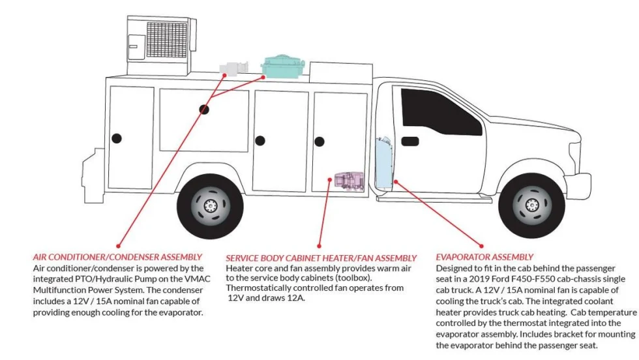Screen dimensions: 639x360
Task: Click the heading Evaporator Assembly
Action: click(484, 257)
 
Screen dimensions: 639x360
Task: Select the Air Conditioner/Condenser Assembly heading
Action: click(117, 257)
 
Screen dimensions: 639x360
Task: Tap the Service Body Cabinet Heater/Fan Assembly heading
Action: click(321, 258)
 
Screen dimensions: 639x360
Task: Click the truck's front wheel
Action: click(531, 205)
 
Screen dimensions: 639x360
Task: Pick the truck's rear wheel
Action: click(210, 206)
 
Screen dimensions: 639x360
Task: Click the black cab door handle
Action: click(410, 141)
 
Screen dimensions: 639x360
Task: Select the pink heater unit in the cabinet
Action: click(349, 181)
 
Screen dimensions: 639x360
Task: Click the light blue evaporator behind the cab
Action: click(384, 164)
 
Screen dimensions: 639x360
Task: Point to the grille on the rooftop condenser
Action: click(167, 40)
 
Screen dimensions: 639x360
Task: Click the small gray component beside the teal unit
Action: click(234, 68)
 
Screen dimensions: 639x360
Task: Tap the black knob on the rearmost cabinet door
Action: click(117, 138)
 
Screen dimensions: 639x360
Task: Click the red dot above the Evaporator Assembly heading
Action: click(481, 247)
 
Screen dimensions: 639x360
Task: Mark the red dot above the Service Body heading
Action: click(319, 247)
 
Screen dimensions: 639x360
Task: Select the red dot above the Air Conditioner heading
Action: click(118, 247)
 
